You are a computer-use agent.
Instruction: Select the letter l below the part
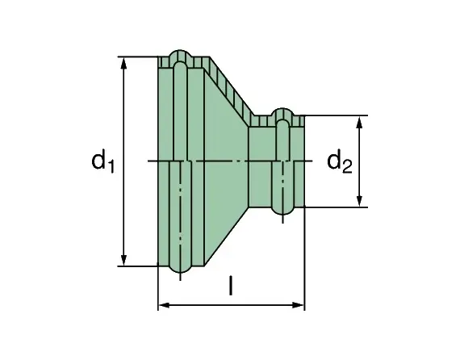point(231,286)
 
